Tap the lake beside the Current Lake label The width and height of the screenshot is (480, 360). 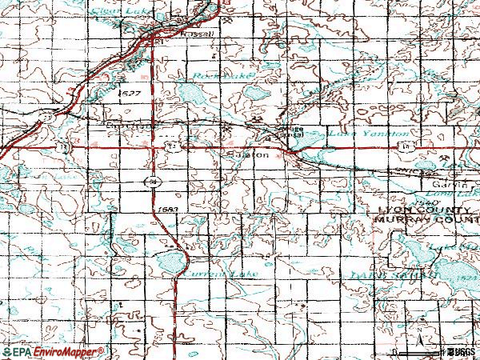coord(170,261)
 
